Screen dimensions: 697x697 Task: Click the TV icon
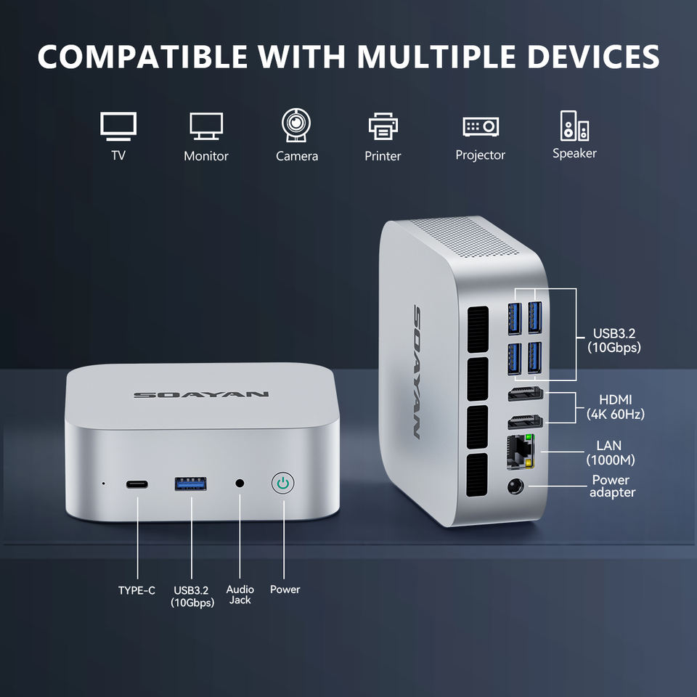118,126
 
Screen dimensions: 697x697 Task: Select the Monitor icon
206,126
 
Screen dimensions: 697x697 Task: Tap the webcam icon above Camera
296,125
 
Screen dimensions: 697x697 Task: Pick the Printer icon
383,126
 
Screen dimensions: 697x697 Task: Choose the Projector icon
481,126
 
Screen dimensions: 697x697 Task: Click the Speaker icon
574,126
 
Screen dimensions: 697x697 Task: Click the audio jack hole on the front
240,483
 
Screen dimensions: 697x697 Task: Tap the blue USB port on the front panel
190,484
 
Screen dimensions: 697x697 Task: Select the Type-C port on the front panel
136,484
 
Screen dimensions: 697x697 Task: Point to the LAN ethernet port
521,451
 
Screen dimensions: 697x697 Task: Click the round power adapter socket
517,488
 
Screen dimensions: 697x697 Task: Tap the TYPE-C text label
136,590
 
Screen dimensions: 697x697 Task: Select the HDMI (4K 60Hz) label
615,407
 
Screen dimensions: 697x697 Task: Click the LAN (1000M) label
610,452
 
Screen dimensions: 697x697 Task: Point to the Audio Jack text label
240,595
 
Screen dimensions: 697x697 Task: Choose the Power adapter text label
611,486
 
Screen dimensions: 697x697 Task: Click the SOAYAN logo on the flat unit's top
200,395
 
